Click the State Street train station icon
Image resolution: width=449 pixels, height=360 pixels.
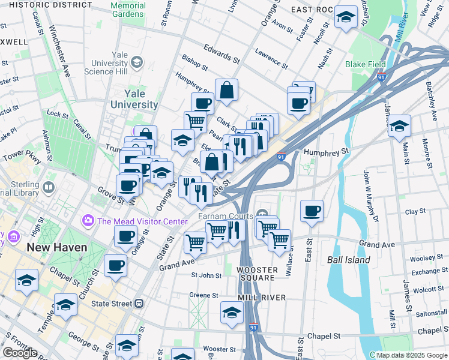pyautogui.click(x=139, y=304)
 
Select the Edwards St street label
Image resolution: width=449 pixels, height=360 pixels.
pyautogui.click(x=221, y=53)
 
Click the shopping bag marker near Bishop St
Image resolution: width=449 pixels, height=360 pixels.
pyautogui.click(x=227, y=91)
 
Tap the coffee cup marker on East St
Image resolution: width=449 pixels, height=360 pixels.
pyautogui.click(x=312, y=211)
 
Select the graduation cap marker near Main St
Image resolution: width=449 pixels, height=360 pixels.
pyautogui.click(x=399, y=127)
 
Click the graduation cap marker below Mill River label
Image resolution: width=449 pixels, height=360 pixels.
pyautogui.click(x=232, y=313)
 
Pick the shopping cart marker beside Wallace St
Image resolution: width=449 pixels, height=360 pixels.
pyautogui.click(x=279, y=241)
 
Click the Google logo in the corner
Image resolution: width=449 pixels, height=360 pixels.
pyautogui.click(x=20, y=353)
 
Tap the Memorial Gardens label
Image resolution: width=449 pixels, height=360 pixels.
pyautogui.click(x=128, y=10)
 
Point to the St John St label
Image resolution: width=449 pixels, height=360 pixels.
pyautogui.click(x=206, y=275)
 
